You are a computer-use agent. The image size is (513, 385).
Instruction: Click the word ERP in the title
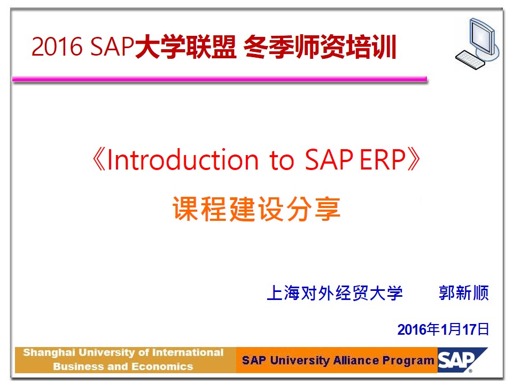click(383, 159)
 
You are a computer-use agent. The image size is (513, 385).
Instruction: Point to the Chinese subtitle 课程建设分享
click(256, 209)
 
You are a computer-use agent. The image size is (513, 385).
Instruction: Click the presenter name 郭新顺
click(464, 292)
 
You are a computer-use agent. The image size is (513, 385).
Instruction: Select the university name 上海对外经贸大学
click(335, 292)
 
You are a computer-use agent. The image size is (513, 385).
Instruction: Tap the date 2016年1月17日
click(443, 329)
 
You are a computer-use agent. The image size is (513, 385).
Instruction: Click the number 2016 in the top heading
click(57, 47)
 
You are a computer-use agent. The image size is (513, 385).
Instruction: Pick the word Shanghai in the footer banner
click(49, 352)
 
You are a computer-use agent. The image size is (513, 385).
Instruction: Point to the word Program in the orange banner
click(408, 361)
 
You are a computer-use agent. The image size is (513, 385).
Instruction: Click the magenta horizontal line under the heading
click(220, 79)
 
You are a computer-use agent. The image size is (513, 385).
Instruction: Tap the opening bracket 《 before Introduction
click(98, 159)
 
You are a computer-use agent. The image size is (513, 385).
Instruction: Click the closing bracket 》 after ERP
click(414, 159)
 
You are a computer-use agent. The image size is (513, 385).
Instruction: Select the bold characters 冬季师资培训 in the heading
click(320, 47)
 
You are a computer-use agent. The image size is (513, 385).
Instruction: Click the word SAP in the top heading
click(112, 47)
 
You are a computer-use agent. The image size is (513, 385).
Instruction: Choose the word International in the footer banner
click(188, 352)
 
